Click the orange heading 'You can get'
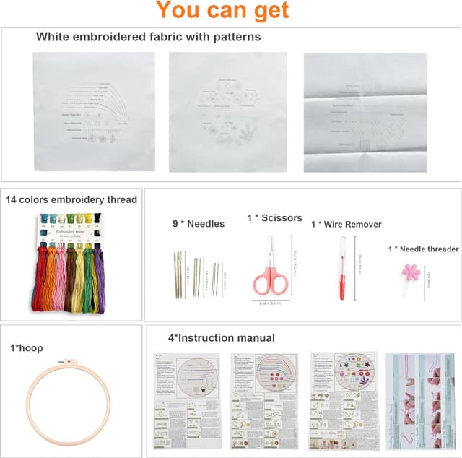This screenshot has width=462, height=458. point(222,11)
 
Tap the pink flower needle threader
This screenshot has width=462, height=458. point(411,272)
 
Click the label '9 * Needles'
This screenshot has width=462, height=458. point(198,224)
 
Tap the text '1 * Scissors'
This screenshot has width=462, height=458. point(274,217)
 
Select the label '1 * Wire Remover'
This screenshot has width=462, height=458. point(346,225)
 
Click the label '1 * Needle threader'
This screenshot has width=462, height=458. point(423,249)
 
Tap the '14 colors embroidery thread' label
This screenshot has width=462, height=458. point(71,200)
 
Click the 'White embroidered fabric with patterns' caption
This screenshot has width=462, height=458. point(148,36)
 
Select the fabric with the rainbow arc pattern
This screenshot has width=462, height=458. point(95,112)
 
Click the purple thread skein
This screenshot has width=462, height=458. point(99,278)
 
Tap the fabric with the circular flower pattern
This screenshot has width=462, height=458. point(227,112)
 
